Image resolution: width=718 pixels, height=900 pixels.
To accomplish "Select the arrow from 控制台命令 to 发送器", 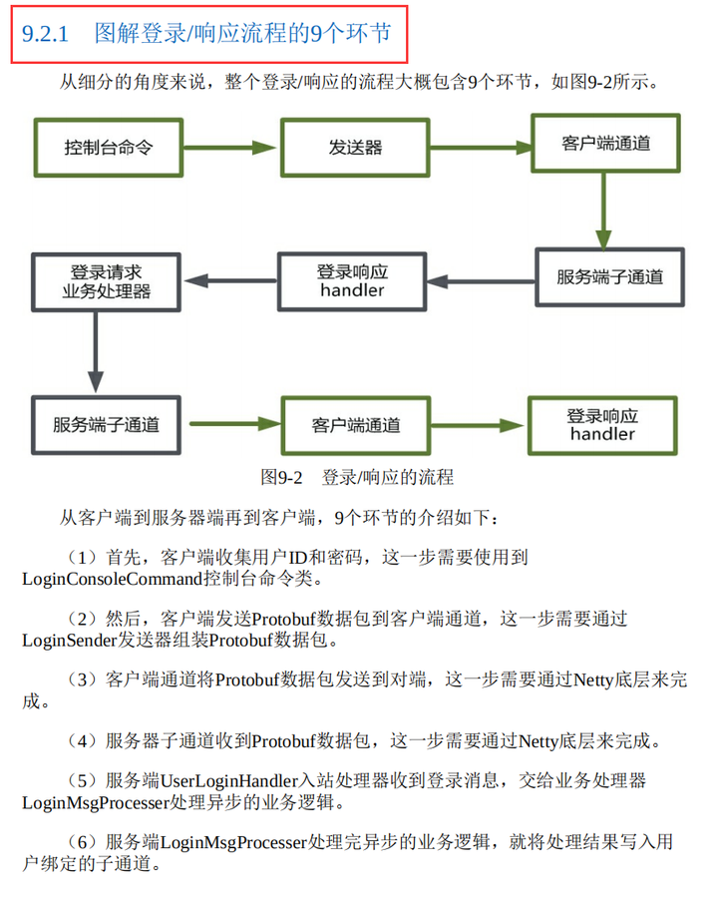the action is tap(229, 148).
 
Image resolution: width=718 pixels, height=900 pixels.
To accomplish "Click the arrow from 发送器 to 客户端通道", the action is tap(481, 148).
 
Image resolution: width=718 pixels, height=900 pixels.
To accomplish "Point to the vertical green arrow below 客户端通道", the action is tap(603, 211).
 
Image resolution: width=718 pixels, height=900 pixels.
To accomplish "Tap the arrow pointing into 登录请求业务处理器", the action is tap(229, 280).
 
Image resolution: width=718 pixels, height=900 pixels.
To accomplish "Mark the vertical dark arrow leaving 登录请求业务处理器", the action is tap(96, 352).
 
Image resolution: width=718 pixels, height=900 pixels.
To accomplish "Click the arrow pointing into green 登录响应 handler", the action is tap(477, 425).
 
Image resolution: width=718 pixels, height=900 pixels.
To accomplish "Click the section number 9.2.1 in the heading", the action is tap(45, 34).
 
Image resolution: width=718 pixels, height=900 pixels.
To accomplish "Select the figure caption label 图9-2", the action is tap(281, 477).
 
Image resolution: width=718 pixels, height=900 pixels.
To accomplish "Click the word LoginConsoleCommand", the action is tap(113, 579).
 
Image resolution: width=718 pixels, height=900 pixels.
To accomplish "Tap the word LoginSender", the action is tap(70, 640).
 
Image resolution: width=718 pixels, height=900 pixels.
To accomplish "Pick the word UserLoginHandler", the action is tap(229, 780).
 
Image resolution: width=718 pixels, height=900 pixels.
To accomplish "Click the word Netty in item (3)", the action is tap(593, 680).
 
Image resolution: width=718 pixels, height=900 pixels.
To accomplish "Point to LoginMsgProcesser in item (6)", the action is tap(234, 842).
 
